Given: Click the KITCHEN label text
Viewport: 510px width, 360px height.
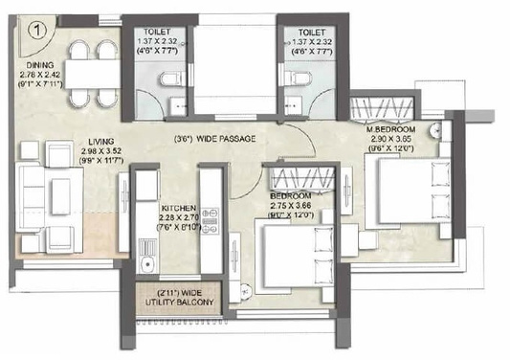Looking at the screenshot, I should tap(179, 208).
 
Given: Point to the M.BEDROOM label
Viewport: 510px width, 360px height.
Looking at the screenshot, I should tap(393, 129).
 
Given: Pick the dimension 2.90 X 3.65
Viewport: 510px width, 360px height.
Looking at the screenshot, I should tap(393, 140).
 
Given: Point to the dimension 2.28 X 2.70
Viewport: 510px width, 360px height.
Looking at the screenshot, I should tap(179, 217).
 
